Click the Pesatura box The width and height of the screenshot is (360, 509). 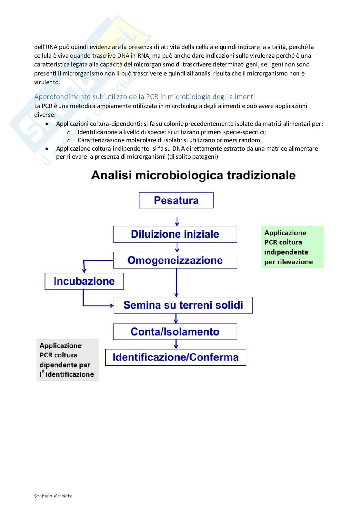pos(176,200)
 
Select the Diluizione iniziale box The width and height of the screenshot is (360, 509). pos(175,234)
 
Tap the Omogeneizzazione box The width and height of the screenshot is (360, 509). pos(175,260)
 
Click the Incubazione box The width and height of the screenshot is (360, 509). pos(84,281)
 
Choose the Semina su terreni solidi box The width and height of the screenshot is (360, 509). pos(183,305)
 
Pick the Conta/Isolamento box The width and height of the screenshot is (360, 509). pos(175,332)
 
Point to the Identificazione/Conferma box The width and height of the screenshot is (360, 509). pos(175,357)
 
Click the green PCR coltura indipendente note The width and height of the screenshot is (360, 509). pos(292,247)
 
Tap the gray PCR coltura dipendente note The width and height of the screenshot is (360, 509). pos(67,360)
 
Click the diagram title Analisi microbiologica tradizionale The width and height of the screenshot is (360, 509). pos(194,175)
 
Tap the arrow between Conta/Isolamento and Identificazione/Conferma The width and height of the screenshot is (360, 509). pos(176,344)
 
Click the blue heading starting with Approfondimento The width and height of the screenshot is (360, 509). pos(145,96)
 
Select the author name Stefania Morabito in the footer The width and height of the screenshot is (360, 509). pos(53,495)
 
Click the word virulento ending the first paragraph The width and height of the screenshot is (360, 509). pos(47,82)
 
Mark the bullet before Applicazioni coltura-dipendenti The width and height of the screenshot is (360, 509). pos(47,124)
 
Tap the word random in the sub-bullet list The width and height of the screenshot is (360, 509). pos(251,140)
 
